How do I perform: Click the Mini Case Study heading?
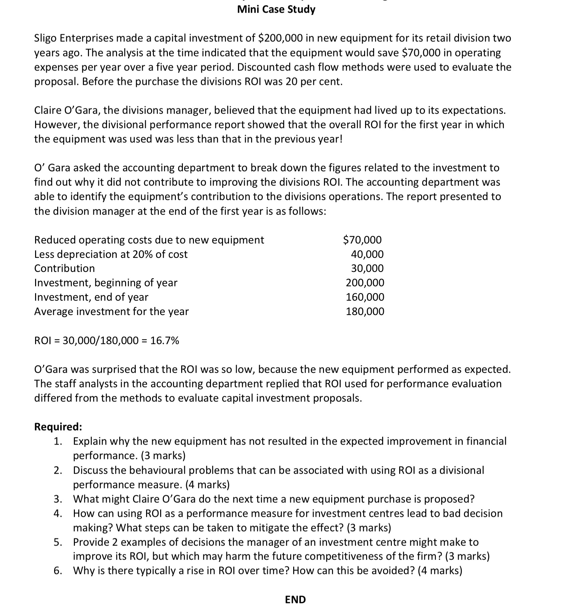pos(276,9)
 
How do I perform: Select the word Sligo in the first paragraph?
pos(46,38)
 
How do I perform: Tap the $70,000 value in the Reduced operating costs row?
pos(362,240)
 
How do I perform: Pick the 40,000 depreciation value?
pos(367,254)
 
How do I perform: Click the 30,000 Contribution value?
pos(367,268)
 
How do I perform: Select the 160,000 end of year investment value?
pos(365,297)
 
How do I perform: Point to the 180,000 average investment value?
pos(365,311)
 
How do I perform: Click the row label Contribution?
pos(65,268)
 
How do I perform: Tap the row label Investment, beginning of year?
pos(106,283)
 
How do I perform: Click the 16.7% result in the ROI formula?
pos(164,340)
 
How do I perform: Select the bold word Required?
pos(58,427)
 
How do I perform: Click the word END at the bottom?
pos(295,599)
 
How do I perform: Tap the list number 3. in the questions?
pos(58,499)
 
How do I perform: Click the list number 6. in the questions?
pos(58,570)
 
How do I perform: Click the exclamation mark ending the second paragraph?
pos(341,139)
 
